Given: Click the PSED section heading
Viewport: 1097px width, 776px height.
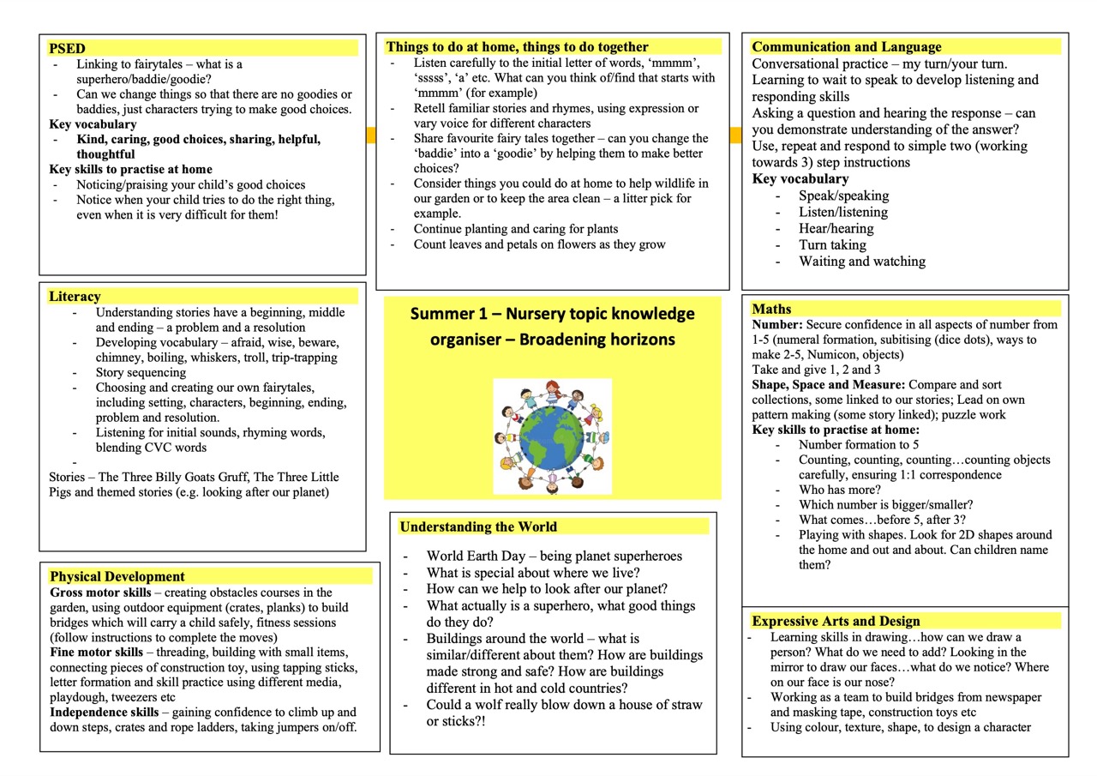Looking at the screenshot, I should pos(67,48).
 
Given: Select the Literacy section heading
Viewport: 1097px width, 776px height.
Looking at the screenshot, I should pos(75,297).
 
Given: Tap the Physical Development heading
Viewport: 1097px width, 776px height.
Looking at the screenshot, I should pos(117,576).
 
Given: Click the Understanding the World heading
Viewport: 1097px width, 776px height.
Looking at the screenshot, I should pos(478,526).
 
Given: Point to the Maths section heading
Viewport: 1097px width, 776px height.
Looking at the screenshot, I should pos(771,309).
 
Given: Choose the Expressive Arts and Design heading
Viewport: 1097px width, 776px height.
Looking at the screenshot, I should pos(836,621).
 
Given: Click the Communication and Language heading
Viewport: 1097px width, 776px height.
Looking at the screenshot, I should pos(846,47).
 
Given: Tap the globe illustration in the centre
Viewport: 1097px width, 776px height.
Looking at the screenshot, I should pos(552,436).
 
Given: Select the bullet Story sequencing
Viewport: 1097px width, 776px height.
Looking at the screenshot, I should pos(141,372).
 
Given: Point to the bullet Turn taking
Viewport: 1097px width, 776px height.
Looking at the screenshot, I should pos(832,245).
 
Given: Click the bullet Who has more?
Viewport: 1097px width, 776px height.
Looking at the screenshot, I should pos(827,490).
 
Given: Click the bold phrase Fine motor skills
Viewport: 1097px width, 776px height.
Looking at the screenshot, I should pos(96,653).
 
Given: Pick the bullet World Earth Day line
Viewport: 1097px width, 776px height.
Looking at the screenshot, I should pos(554,556).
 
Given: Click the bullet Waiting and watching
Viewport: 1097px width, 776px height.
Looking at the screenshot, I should pos(861,262).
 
